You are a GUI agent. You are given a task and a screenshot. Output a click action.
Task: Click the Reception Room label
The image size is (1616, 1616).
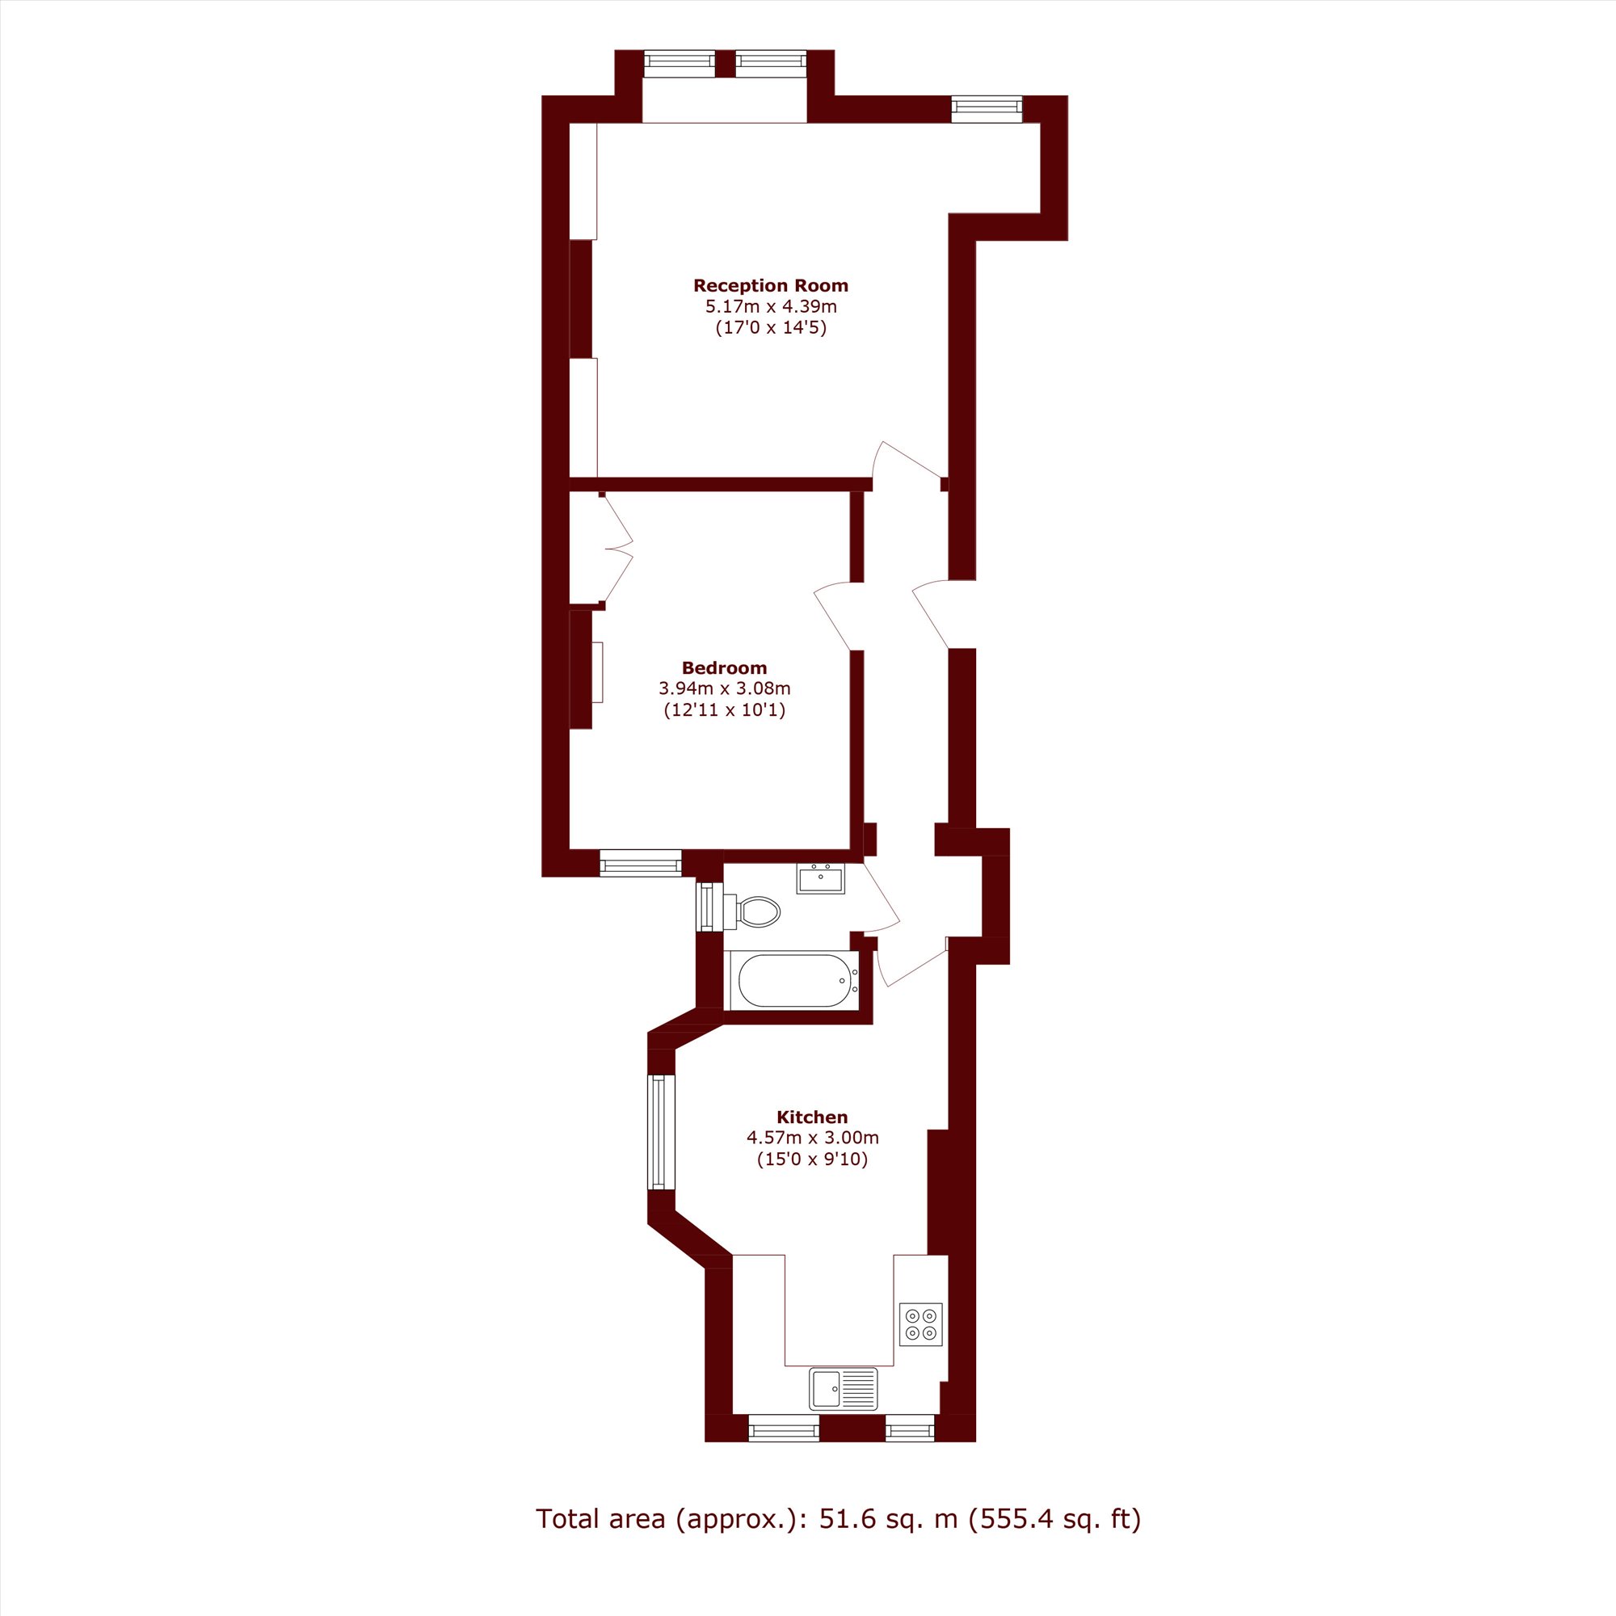pos(770,285)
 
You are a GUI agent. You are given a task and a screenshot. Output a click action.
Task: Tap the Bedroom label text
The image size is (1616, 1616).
pos(724,667)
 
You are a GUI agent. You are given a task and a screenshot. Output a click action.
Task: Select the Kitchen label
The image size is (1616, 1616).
pos(812,1117)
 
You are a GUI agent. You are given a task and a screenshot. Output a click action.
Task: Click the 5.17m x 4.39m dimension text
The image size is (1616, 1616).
pos(770,306)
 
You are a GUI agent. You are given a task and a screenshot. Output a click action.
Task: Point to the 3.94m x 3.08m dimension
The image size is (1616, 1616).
pos(724,688)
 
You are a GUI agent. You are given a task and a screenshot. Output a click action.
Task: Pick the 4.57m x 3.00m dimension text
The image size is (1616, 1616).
pos(812,1138)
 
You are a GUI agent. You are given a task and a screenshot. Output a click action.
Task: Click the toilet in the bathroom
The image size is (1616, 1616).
pos(751,911)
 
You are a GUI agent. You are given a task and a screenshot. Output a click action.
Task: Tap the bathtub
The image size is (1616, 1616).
pos(793,980)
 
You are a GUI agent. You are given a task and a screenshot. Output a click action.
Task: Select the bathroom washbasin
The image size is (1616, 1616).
pos(821,878)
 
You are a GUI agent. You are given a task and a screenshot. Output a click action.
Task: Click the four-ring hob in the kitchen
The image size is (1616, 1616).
pos(921,1324)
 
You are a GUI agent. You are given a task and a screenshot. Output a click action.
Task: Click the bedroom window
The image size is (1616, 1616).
pos(641,863)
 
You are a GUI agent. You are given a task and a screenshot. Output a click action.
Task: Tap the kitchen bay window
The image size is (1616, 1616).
pos(662,1132)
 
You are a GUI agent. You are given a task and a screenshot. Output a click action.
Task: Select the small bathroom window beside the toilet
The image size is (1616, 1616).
pos(709,907)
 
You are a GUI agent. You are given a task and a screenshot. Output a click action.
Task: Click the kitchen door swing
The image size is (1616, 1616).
pos(911,962)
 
